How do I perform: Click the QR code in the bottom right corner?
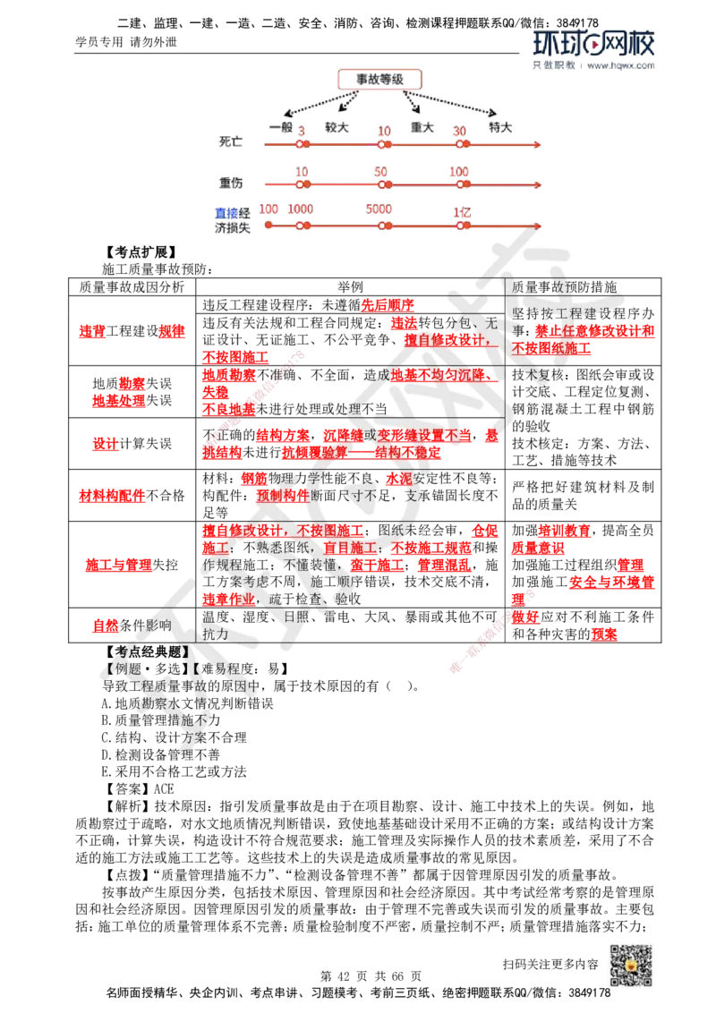pos(630,966)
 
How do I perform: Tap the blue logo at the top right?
pos(593,49)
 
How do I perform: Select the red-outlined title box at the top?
pos(379,81)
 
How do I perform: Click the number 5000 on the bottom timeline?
pos(379,209)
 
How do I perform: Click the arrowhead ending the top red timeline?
pos(538,144)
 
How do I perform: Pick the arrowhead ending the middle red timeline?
pos(538,184)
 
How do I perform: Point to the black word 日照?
pos(296,617)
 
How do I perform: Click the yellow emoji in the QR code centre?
pos(630,967)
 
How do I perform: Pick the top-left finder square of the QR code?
pos(612,950)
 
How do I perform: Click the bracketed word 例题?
pos(120,668)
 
